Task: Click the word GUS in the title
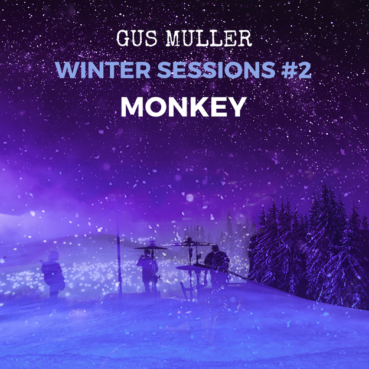[137, 38]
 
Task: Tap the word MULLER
[209, 38]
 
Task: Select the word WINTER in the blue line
[103, 70]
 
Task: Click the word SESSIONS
[216, 70]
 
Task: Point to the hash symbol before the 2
[288, 70]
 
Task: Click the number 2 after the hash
[304, 70]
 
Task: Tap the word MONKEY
[184, 107]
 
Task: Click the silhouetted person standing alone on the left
[53, 273]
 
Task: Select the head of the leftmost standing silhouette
[54, 256]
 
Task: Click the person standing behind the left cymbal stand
[148, 270]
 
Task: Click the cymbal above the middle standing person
[152, 247]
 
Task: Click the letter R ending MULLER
[245, 38]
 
